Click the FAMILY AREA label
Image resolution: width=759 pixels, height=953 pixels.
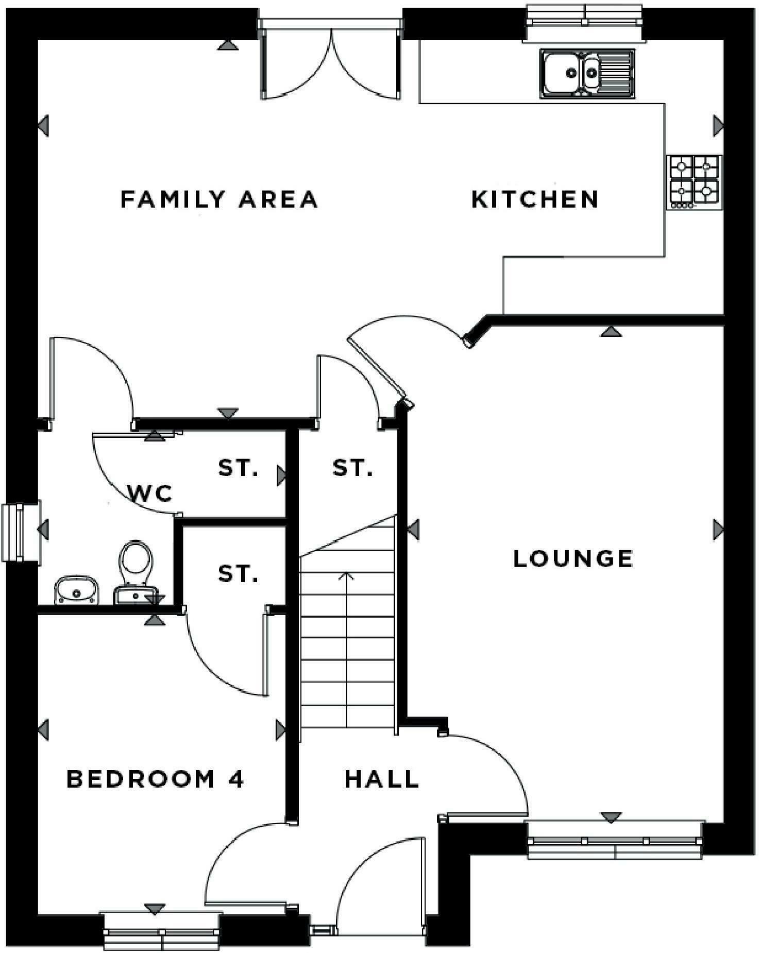click(x=219, y=199)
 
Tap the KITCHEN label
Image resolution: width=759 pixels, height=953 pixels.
click(x=535, y=199)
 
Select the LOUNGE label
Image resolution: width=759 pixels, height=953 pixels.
click(x=573, y=558)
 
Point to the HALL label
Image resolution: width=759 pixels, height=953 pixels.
click(x=381, y=779)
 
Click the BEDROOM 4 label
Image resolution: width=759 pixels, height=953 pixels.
click(x=155, y=779)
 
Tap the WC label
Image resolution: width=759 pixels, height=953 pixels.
click(x=150, y=493)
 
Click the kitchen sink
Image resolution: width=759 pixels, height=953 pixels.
click(x=587, y=73)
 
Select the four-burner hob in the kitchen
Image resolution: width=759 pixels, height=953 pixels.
click(x=694, y=182)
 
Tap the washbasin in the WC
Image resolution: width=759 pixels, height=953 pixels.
click(x=77, y=590)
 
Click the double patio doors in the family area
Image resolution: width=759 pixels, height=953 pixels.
click(x=330, y=59)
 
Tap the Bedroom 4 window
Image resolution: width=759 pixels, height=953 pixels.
click(x=161, y=931)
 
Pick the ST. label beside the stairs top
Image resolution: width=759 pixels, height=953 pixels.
click(x=352, y=468)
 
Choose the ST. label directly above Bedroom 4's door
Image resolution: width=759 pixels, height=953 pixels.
click(x=238, y=573)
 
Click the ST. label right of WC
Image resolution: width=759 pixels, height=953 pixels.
click(x=238, y=468)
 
